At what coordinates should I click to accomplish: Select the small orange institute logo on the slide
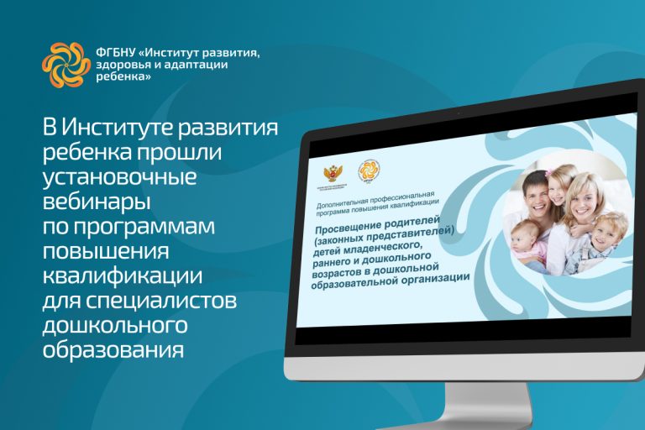point(369,170)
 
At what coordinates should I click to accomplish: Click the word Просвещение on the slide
point(345,230)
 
